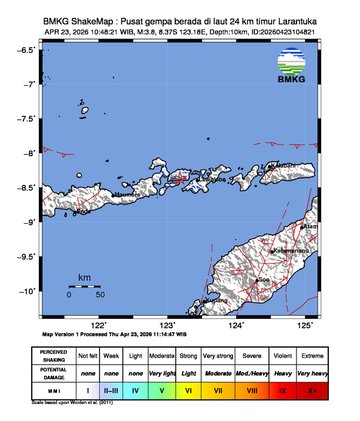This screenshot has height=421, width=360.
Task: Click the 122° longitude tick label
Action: (x=99, y=325)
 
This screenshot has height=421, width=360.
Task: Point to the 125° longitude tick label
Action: (x=305, y=325)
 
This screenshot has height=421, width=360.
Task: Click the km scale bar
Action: (x=85, y=285)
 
